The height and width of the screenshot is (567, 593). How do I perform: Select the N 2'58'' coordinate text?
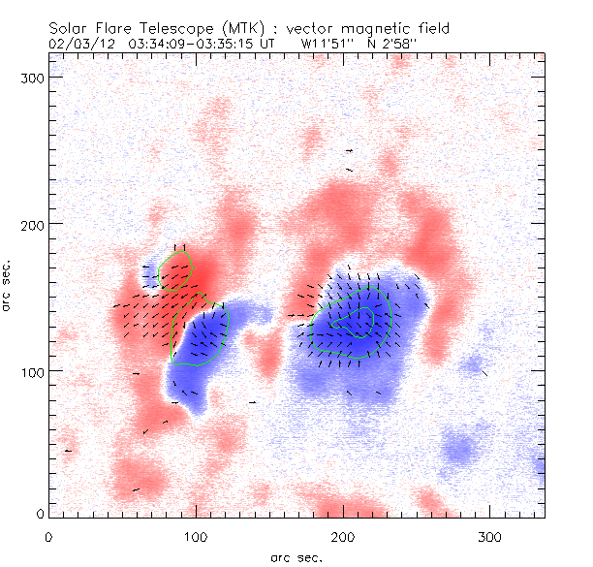[x=395, y=44]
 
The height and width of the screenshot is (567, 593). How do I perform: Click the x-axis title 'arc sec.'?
[x=296, y=557]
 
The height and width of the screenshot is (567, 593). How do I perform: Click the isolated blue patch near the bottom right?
[x=458, y=450]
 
